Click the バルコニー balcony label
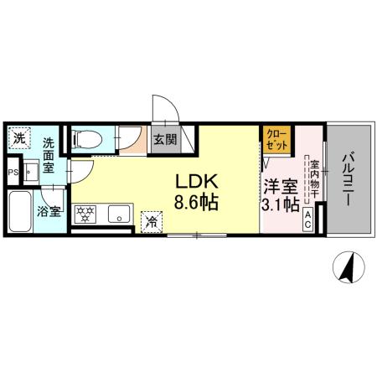349,181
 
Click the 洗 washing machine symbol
18,137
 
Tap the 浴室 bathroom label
49,211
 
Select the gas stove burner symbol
86,214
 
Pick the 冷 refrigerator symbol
152,220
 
